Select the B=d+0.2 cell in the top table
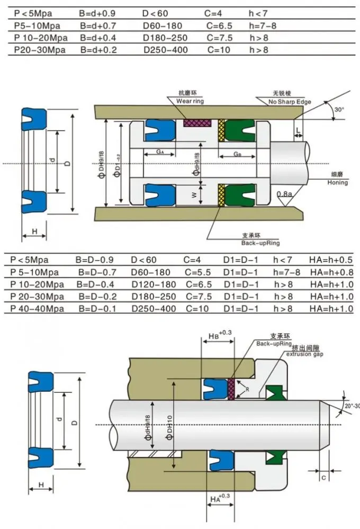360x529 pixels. pyautogui.click(x=98, y=50)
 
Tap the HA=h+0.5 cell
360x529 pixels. pyautogui.click(x=331, y=259)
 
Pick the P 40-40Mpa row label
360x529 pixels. pyautogui.click(x=35, y=309)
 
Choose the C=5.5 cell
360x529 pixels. pyautogui.click(x=200, y=272)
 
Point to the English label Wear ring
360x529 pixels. pyautogui.click(x=190, y=101)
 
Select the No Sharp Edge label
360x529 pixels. pyautogui.click(x=290, y=102)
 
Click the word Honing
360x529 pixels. pyautogui.click(x=338, y=183)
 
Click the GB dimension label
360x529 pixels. pyautogui.click(x=237, y=154)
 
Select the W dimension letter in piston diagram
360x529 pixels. pyautogui.click(x=194, y=194)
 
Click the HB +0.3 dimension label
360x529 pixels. pyautogui.click(x=217, y=336)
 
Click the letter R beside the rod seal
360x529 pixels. pyautogui.click(x=247, y=389)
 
